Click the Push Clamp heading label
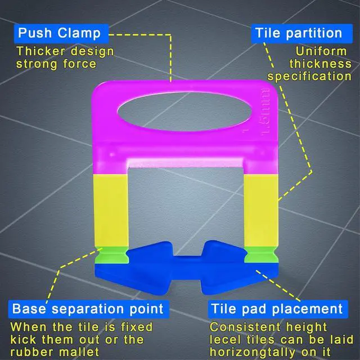click(58, 33)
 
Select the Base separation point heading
click(88, 309)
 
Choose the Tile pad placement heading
click(276, 309)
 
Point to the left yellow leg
click(112, 211)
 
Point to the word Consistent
click(244, 326)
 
